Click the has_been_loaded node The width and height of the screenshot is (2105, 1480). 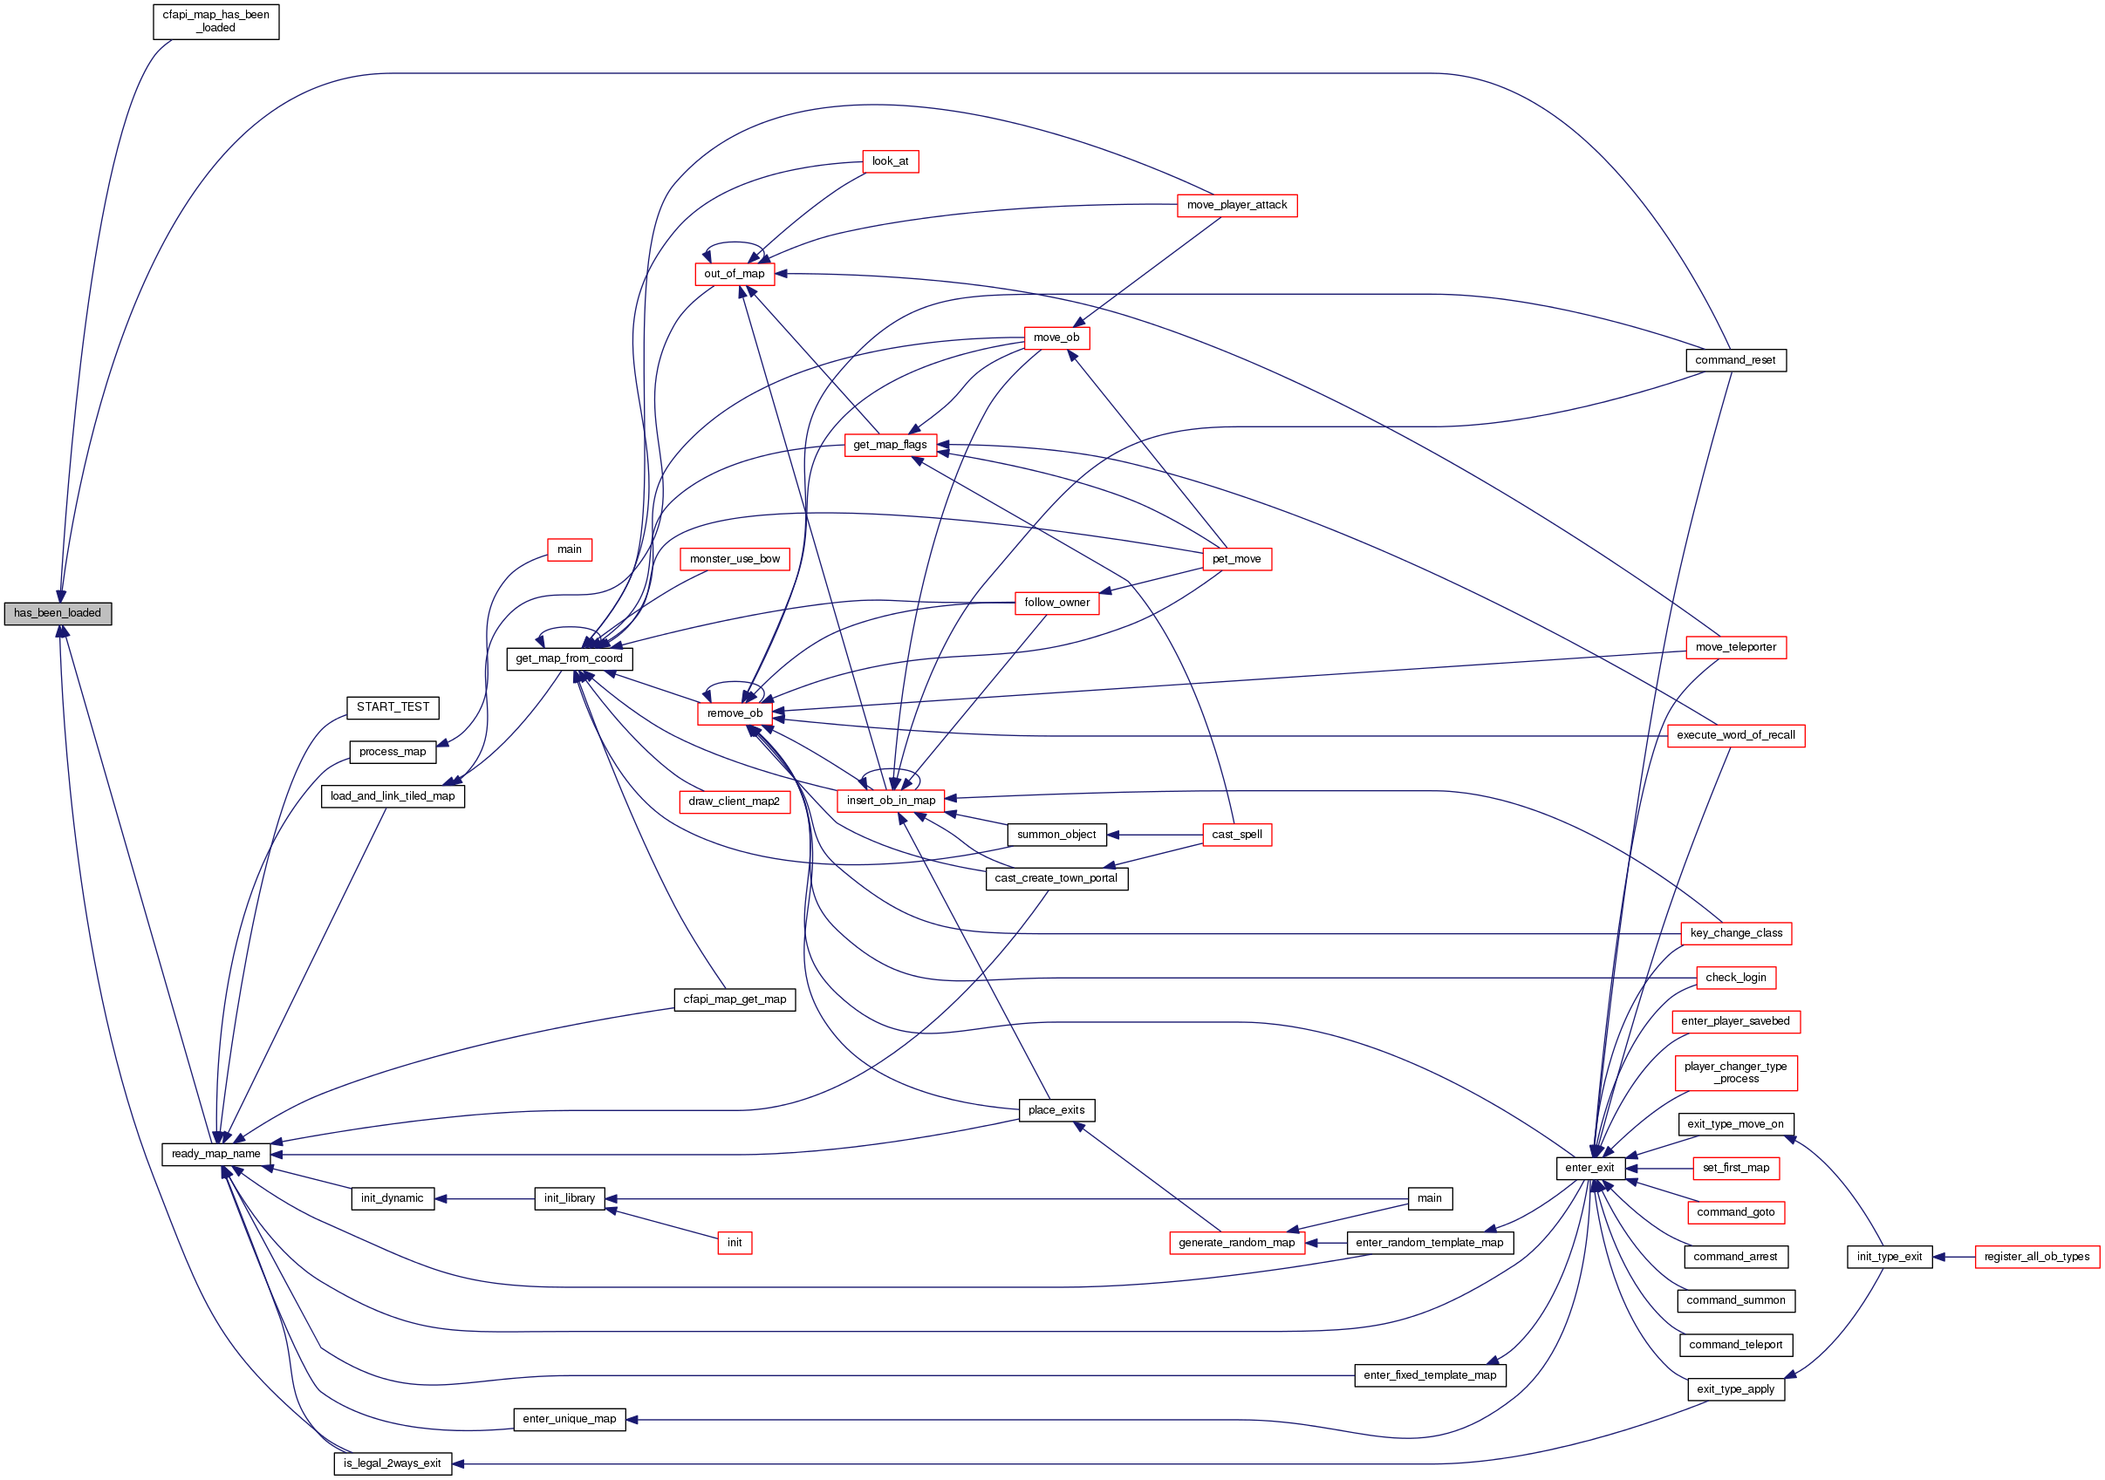click(58, 613)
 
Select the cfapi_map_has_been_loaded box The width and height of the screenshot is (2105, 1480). click(215, 21)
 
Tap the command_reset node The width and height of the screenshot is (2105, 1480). click(1734, 360)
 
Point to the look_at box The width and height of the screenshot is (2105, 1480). click(889, 161)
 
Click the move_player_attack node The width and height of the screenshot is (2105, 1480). click(1236, 205)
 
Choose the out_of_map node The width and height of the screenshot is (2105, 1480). click(735, 274)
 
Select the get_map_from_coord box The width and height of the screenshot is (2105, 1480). click(569, 658)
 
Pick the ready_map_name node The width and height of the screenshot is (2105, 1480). click(215, 1154)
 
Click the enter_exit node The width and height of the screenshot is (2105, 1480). click(1589, 1168)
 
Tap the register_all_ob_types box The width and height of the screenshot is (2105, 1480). click(2036, 1257)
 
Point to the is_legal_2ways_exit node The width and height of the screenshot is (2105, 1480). click(392, 1463)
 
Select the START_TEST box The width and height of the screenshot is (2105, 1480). click(393, 706)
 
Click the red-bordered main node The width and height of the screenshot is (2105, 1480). click(570, 549)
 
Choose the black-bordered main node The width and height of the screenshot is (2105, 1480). click(1429, 1197)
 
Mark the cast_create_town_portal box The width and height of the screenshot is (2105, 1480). click(1056, 878)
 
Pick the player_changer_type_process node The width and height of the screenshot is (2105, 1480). click(1734, 1072)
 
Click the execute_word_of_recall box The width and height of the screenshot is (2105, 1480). click(1734, 735)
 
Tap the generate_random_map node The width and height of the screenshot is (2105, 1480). click(1236, 1243)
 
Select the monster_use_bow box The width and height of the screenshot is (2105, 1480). click(735, 559)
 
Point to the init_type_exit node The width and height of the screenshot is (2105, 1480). click(1889, 1257)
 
